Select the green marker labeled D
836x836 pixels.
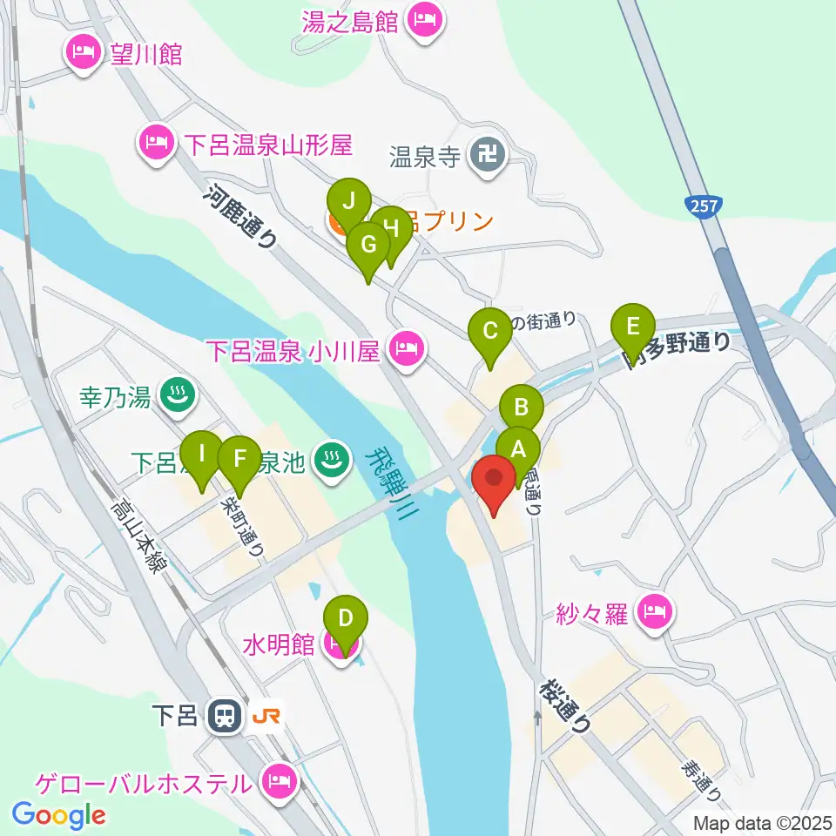[346, 621]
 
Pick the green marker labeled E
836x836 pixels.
[633, 327]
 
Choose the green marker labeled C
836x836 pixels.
[489, 332]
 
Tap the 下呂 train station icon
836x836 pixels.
[225, 718]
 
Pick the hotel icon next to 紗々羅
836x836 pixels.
[655, 612]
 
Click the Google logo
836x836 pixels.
[59, 815]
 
